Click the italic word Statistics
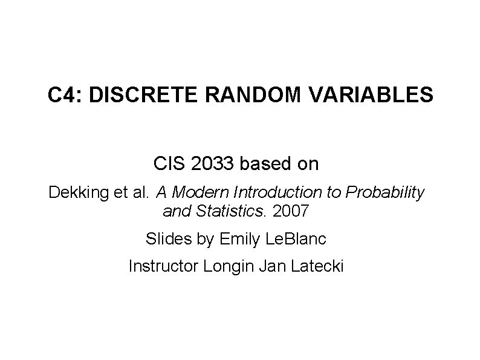(x=238, y=212)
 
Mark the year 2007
(x=291, y=212)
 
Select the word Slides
(x=164, y=239)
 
